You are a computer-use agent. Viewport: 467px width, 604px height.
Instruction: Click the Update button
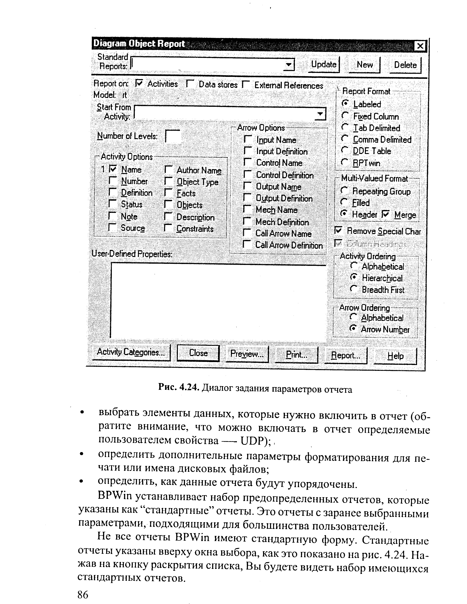(x=324, y=65)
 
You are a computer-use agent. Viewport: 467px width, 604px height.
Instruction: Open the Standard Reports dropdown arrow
(x=289, y=65)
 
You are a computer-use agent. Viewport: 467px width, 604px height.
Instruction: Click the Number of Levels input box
(x=173, y=136)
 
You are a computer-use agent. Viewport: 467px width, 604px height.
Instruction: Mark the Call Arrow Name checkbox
(x=247, y=233)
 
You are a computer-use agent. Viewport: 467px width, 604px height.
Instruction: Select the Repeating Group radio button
(x=344, y=191)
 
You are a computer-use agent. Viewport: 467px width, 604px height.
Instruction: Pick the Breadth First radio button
(x=354, y=289)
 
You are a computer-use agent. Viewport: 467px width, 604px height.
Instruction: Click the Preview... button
(x=247, y=354)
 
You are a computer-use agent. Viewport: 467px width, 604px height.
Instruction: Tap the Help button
(x=395, y=356)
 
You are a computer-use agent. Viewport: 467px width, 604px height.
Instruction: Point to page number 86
(x=83, y=594)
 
